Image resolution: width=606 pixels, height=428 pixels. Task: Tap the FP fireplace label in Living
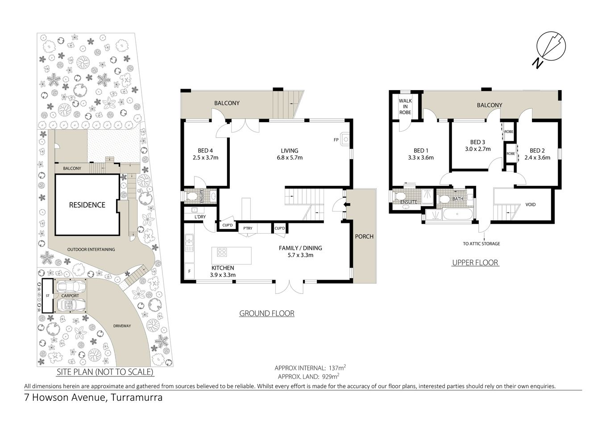(x=336, y=140)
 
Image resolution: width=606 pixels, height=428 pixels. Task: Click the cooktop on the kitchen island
(x=222, y=253)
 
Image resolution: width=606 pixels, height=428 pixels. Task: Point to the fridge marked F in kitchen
(x=189, y=271)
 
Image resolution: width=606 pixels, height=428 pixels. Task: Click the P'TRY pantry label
(x=247, y=228)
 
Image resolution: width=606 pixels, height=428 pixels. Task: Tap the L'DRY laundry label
(x=200, y=217)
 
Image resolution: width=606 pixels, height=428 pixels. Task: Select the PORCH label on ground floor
(x=364, y=236)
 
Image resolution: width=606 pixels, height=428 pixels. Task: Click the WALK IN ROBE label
(x=405, y=107)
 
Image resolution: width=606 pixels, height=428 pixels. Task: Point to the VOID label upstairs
(x=530, y=205)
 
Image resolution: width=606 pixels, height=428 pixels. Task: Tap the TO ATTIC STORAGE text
(x=481, y=244)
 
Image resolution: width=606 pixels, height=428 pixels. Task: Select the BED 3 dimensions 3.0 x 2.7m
(x=477, y=149)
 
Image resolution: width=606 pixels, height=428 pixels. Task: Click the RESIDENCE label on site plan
(x=87, y=205)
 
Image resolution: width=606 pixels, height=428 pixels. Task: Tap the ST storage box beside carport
(x=46, y=296)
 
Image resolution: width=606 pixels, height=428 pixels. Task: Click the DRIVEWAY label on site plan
(x=122, y=326)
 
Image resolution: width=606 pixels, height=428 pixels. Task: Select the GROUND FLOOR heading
(x=267, y=313)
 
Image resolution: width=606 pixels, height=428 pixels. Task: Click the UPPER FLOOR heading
(x=475, y=263)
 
